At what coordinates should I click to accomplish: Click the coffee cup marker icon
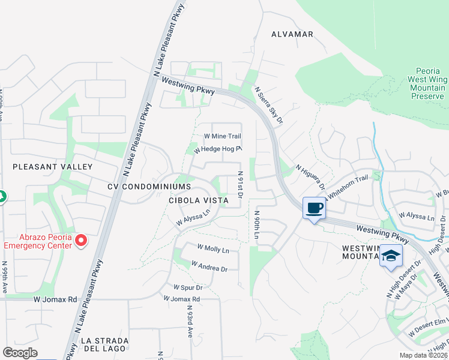point(315,208)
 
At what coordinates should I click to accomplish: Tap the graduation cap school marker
point(391,256)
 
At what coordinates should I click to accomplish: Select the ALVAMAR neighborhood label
point(292,34)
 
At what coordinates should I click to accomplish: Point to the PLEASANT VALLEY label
point(53,166)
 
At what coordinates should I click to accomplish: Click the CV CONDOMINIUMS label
point(149,187)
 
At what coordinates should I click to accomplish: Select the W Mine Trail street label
point(223,136)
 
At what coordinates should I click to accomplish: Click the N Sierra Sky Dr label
point(268,106)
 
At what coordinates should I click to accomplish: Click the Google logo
point(20,353)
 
